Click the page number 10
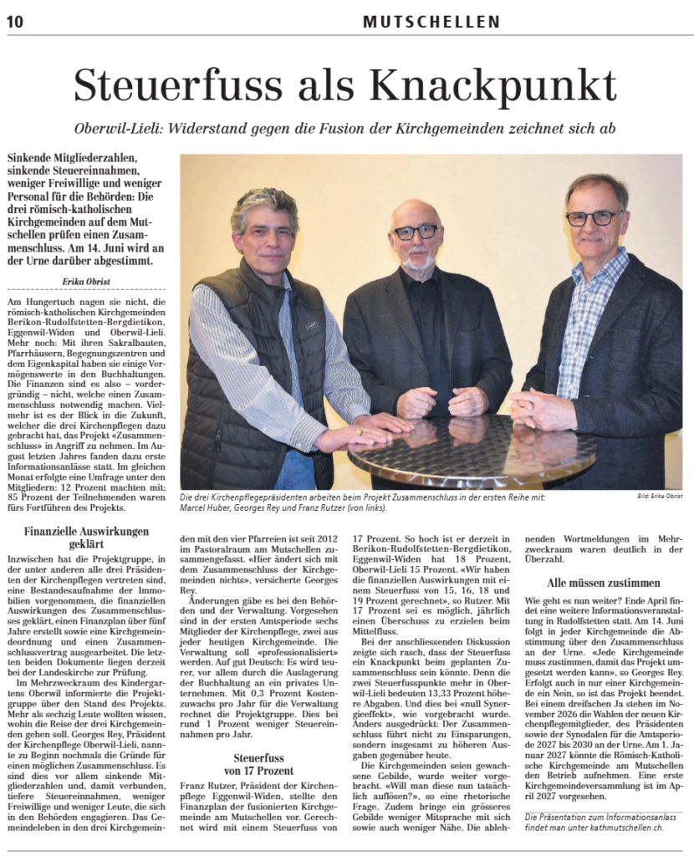point(14,22)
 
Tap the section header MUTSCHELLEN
point(431,23)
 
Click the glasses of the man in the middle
point(416,232)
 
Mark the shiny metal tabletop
point(468,451)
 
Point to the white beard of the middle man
point(417,261)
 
